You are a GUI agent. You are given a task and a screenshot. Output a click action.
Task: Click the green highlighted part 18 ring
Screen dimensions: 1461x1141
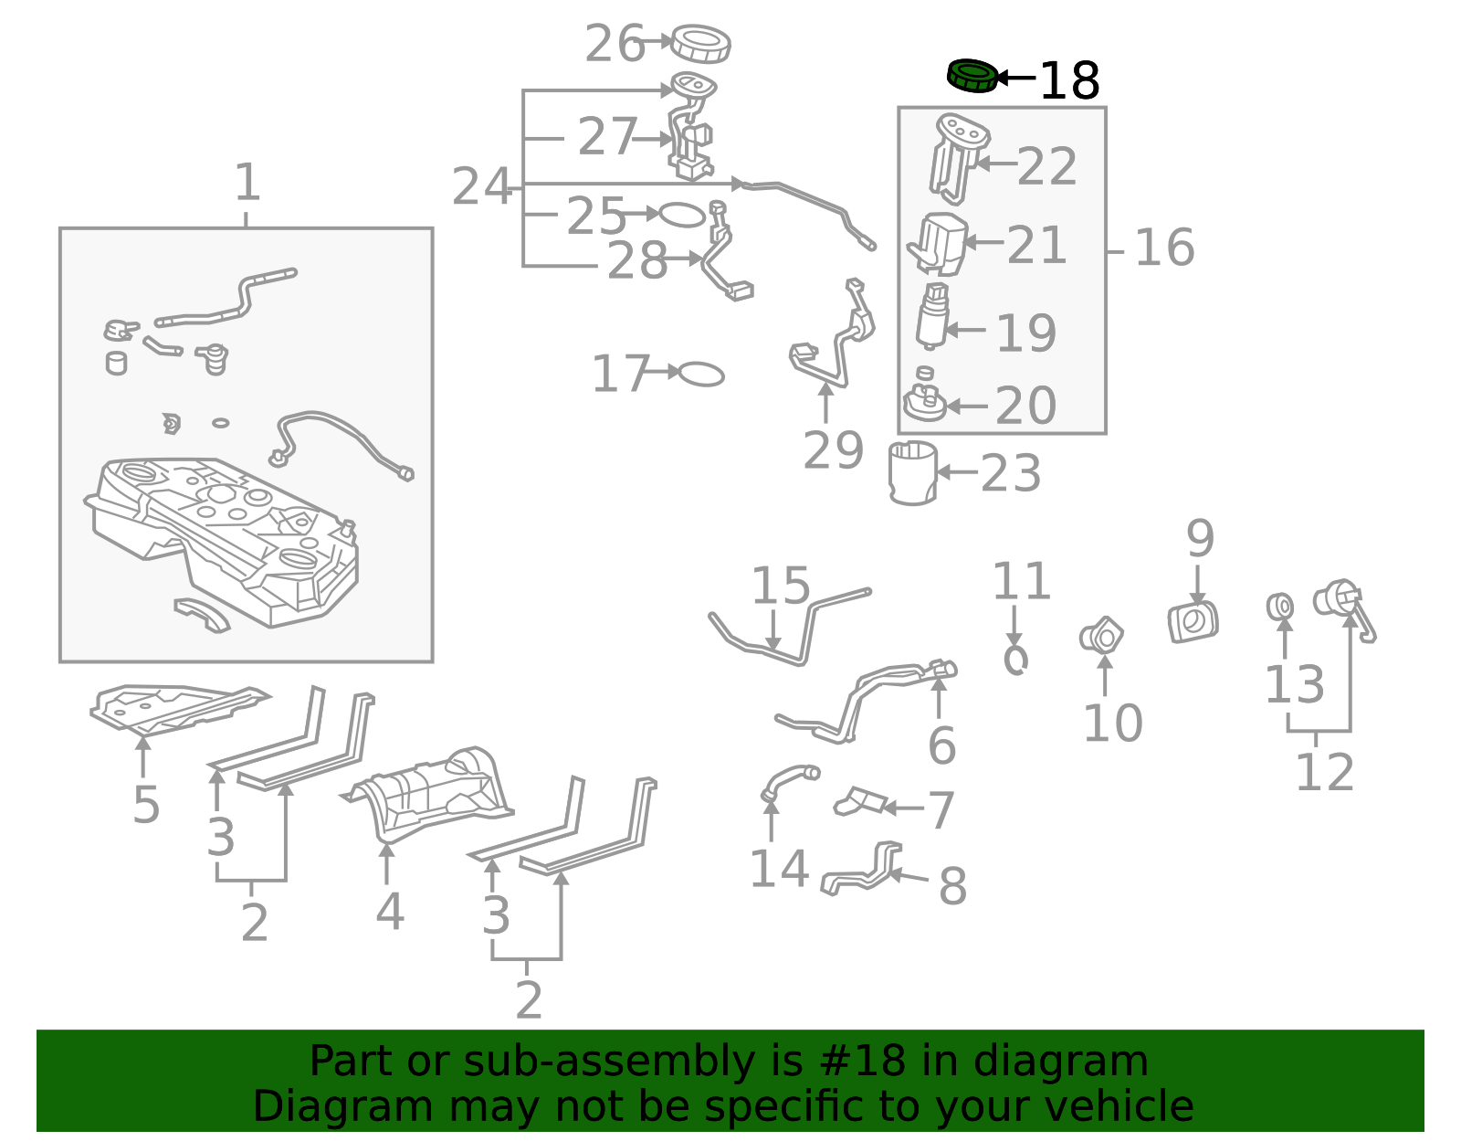(972, 76)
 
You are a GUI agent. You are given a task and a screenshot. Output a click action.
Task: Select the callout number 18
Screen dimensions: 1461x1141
(1069, 81)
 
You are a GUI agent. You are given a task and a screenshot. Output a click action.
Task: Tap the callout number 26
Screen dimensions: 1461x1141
(615, 44)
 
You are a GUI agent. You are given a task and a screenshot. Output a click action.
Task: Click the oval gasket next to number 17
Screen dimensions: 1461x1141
(701, 375)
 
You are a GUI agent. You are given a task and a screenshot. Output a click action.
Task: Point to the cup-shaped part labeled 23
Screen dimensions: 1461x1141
(912, 472)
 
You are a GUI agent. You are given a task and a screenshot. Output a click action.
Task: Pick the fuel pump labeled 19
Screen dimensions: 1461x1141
(932, 316)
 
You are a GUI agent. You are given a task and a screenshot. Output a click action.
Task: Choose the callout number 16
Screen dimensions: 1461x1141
(1164, 248)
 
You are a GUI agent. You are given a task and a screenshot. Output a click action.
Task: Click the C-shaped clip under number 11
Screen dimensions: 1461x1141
(1016, 660)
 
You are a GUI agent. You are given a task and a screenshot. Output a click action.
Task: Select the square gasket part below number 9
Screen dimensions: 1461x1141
(1193, 622)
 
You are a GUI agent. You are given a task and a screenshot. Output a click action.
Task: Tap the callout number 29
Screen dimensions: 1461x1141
(833, 450)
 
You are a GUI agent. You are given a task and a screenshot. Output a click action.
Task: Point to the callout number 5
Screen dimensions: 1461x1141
(146, 805)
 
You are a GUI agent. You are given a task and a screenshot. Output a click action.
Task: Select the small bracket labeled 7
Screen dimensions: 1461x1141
(858, 801)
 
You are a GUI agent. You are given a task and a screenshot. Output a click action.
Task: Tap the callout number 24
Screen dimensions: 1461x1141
(482, 186)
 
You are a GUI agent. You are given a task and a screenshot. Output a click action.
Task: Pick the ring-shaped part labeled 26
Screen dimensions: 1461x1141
(700, 44)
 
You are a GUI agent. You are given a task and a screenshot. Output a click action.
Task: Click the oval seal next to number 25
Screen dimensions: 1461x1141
(682, 216)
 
